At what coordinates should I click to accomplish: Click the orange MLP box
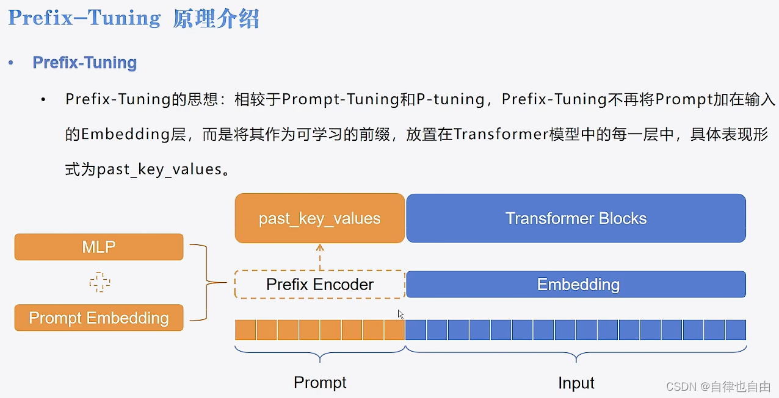click(x=99, y=247)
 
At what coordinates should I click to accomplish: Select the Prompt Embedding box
click(x=99, y=318)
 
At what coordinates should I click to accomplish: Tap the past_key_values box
click(x=319, y=219)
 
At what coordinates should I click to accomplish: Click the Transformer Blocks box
click(x=576, y=219)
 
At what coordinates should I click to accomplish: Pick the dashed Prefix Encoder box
click(x=319, y=285)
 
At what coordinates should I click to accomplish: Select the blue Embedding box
click(x=576, y=285)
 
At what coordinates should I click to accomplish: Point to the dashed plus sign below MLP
click(x=100, y=282)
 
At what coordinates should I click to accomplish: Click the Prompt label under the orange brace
click(x=320, y=383)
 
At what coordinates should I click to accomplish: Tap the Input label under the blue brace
click(x=576, y=383)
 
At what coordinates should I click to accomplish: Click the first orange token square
click(x=245, y=330)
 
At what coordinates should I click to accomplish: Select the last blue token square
click(x=736, y=330)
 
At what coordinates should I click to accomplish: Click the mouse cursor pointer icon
click(x=401, y=314)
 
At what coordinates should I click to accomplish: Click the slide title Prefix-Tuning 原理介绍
click(x=134, y=18)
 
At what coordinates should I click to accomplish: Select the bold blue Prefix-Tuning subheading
click(x=84, y=63)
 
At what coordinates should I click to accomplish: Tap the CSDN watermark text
click(x=719, y=386)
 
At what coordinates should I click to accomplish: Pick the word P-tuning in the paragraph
click(x=450, y=99)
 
